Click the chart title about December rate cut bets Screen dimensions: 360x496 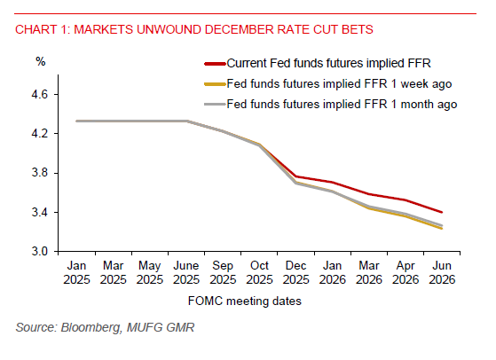(193, 29)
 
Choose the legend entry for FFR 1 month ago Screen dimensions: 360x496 (342, 104)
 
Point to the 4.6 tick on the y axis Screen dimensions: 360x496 (48, 94)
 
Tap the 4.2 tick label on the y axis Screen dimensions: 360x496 (48, 134)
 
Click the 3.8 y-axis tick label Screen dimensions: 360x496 (48, 173)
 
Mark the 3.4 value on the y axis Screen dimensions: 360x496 (48, 213)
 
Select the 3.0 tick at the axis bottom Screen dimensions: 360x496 (48, 252)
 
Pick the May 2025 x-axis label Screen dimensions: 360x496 (151, 272)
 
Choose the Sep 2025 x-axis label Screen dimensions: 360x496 (224, 272)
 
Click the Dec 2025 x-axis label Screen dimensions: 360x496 (296, 272)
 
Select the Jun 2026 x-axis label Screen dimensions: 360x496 (442, 272)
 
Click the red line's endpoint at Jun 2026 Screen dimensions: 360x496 (442, 212)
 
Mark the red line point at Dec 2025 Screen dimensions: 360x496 (296, 176)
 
